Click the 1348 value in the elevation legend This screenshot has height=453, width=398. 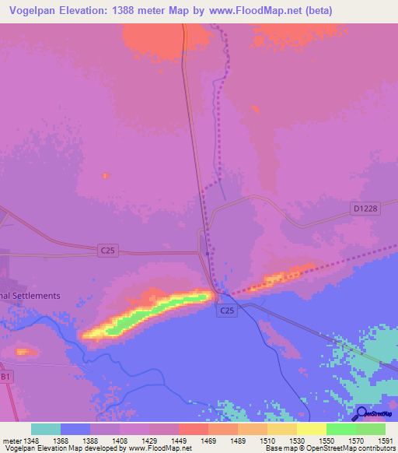(x=31, y=441)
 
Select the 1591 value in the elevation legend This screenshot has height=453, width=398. (x=386, y=441)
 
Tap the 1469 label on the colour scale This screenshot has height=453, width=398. (x=208, y=441)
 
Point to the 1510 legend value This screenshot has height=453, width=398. (x=267, y=441)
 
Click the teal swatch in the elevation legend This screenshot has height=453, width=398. (x=46, y=429)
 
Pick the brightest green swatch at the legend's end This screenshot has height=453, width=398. (x=370, y=429)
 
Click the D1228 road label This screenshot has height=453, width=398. (x=364, y=209)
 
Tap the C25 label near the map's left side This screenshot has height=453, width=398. (x=109, y=250)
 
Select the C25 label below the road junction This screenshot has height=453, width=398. (x=226, y=311)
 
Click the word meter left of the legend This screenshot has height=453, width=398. (x=11, y=441)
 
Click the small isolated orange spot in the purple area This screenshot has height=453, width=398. (x=105, y=176)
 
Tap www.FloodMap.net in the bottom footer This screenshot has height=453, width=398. (x=159, y=449)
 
